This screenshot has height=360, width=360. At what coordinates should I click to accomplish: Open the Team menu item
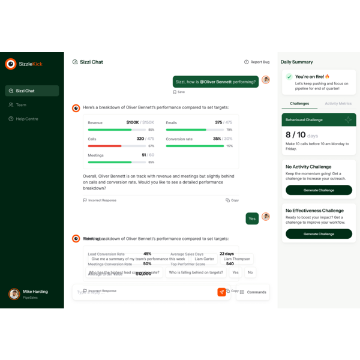coord(21,105)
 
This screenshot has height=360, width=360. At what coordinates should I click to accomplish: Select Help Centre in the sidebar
coord(27,119)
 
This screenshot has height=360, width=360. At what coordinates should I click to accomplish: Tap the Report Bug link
coord(257,62)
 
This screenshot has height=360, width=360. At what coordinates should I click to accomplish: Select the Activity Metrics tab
coord(338,104)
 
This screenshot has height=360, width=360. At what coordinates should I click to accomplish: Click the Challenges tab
coord(299,104)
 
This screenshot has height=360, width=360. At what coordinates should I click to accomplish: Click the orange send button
coord(221,292)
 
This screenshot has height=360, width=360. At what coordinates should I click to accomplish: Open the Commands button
coord(253,292)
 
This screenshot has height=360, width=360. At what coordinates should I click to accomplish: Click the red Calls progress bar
coord(105,146)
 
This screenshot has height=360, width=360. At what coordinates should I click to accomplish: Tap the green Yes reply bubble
coord(252,218)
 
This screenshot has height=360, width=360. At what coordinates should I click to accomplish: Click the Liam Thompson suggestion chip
coord(236,259)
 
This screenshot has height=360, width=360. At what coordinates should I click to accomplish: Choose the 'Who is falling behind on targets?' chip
coord(196,272)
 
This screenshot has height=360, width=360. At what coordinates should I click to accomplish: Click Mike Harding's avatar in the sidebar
coord(14,294)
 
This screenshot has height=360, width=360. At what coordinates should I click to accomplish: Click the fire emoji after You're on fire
coord(328,77)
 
